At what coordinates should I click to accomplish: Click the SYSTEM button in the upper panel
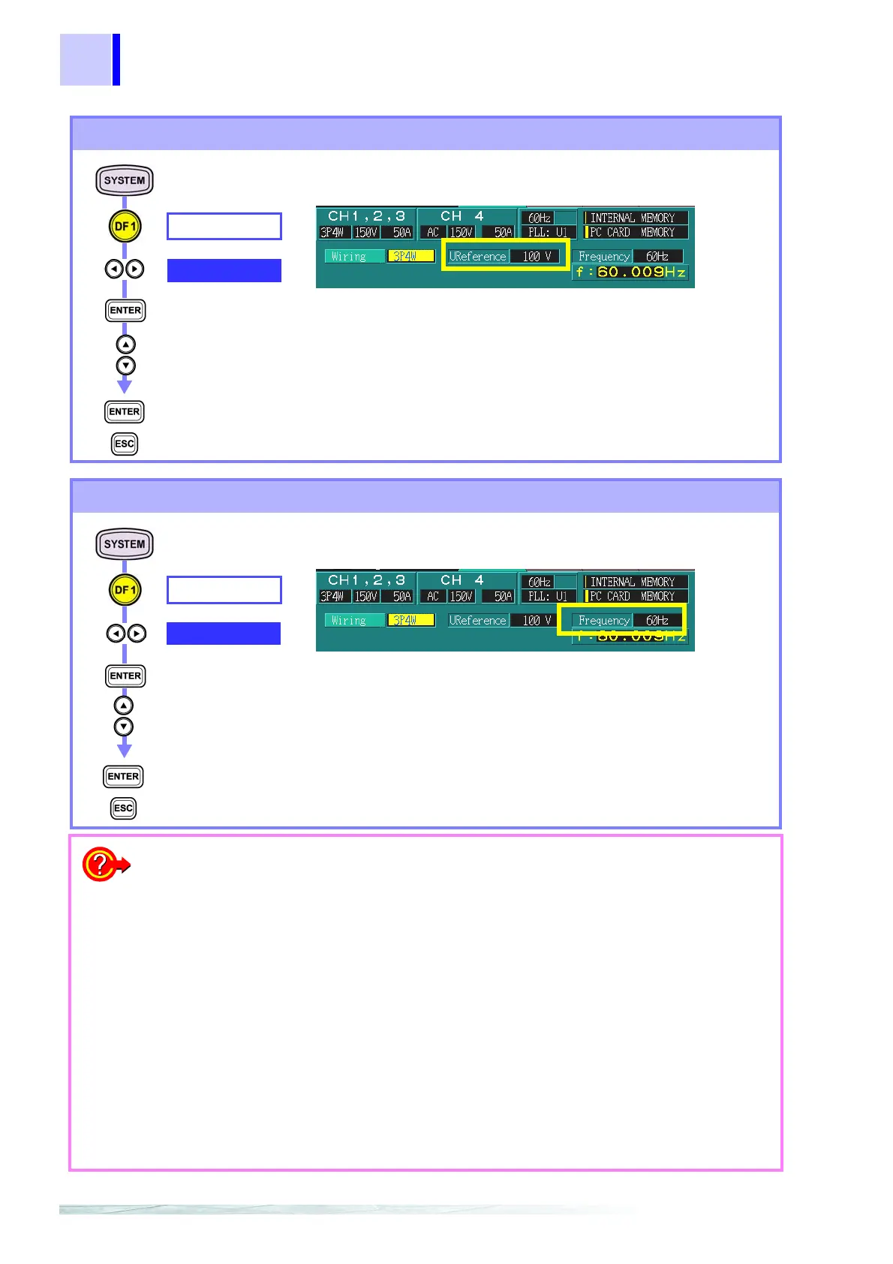125,180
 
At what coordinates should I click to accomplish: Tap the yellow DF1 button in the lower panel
125,591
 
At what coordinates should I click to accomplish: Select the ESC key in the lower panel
124,808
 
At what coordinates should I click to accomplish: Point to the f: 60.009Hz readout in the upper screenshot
630,272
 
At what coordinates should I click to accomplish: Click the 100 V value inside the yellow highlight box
537,256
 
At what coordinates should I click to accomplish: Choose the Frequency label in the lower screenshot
603,621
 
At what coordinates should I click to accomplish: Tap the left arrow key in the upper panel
114,269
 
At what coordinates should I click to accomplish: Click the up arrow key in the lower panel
124,706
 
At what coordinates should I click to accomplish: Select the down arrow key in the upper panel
125,366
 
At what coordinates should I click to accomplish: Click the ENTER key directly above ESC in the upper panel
125,411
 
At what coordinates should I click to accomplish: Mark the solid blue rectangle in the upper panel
224,270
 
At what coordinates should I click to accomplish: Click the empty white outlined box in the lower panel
224,590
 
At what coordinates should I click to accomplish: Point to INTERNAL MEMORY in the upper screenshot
633,218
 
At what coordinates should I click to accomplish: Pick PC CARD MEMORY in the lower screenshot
632,597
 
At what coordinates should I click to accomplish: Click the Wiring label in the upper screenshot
349,257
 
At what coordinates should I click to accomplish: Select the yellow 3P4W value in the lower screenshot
410,621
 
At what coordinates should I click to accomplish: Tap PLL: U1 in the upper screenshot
548,233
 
